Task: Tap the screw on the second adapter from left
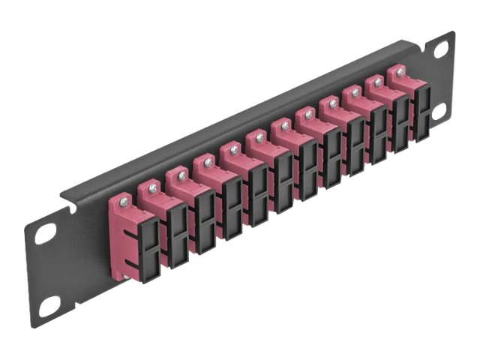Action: pos(153,187)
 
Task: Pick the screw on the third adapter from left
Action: pos(181,175)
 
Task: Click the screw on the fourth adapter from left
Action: pos(208,161)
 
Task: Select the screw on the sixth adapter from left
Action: pos(259,138)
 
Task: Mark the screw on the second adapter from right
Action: pos(378,82)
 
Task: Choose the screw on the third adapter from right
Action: pos(355,92)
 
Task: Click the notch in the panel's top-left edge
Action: pos(68,199)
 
